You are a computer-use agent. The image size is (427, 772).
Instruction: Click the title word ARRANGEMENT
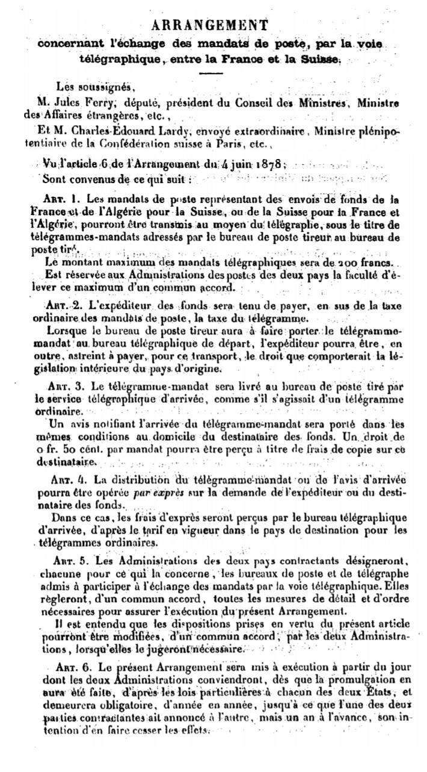pyautogui.click(x=209, y=25)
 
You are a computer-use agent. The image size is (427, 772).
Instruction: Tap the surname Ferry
pyautogui.click(x=91, y=102)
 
